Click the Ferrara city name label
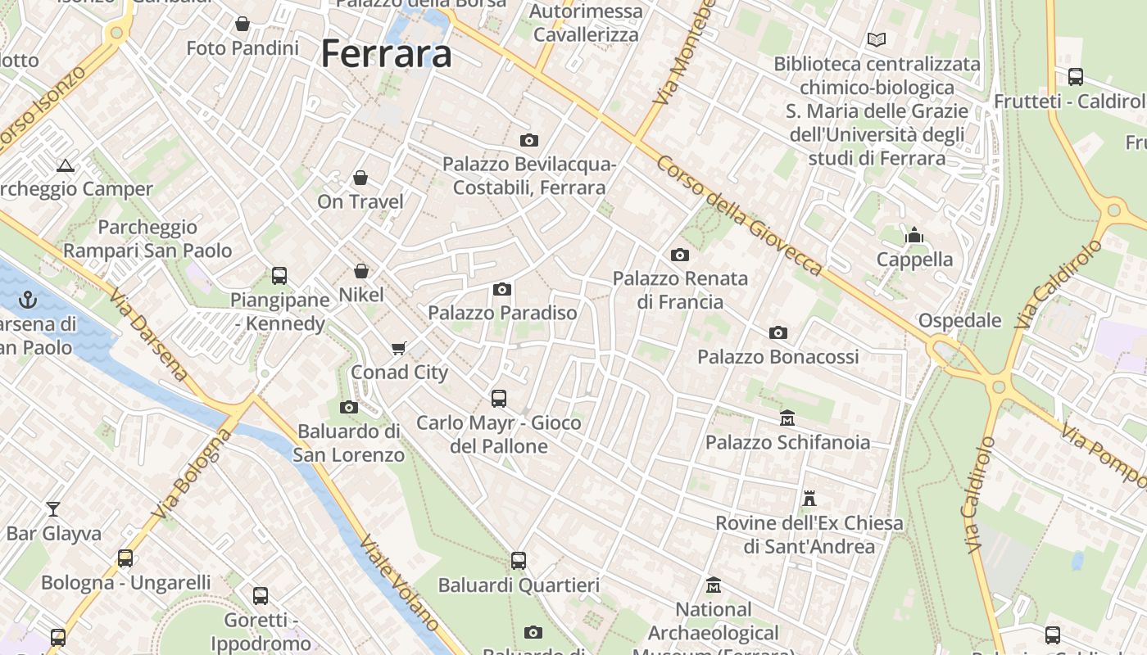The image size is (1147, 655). pyautogui.click(x=386, y=54)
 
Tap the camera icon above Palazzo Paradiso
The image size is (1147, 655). pyautogui.click(x=502, y=289)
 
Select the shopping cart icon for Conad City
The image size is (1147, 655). pyautogui.click(x=399, y=349)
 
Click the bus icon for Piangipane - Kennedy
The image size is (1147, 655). pyautogui.click(x=279, y=276)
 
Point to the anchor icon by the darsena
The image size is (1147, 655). pyautogui.click(x=28, y=299)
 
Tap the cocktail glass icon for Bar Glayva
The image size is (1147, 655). pyautogui.click(x=53, y=509)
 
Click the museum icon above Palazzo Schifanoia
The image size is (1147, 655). pyautogui.click(x=787, y=418)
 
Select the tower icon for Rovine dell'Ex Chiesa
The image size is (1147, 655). pyautogui.click(x=809, y=498)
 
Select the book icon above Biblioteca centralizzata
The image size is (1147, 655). pyautogui.click(x=877, y=39)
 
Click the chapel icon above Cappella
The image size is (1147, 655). pyautogui.click(x=914, y=236)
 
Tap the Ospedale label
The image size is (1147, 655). pyautogui.click(x=959, y=320)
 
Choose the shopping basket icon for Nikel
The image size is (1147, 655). pyautogui.click(x=361, y=270)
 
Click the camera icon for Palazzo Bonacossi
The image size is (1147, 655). pyautogui.click(x=778, y=332)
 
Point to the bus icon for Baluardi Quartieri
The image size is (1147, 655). pyautogui.click(x=519, y=561)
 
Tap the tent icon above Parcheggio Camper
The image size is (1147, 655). pyautogui.click(x=66, y=165)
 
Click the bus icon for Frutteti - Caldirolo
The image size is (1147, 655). pyautogui.click(x=1076, y=77)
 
